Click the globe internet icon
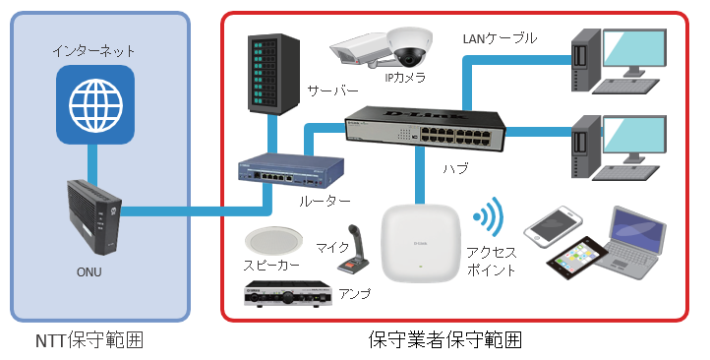(x=95, y=104)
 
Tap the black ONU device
(x=94, y=216)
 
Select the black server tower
(x=273, y=74)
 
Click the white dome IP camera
(x=410, y=46)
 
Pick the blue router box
(x=291, y=171)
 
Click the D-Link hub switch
(x=425, y=130)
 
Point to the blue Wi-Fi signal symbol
(x=488, y=216)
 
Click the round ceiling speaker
(x=274, y=241)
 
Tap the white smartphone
(x=553, y=226)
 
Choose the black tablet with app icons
(x=577, y=257)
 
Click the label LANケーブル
(x=500, y=38)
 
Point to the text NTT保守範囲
(x=89, y=340)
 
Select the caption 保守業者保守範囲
(x=445, y=339)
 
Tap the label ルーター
(x=325, y=201)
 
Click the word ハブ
(x=455, y=168)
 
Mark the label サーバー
(x=332, y=91)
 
